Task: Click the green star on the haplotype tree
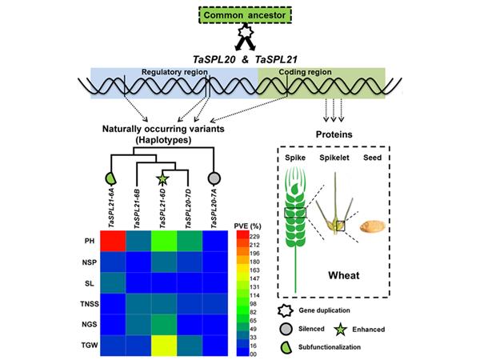click(x=162, y=178)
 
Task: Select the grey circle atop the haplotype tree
click(x=214, y=178)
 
